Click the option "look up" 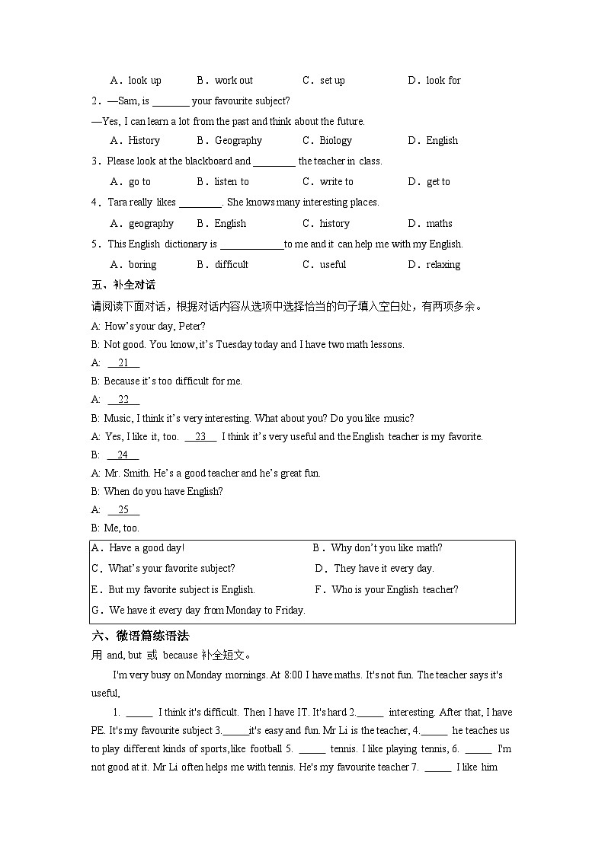[144, 80]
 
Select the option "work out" [233, 80]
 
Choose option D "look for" [443, 80]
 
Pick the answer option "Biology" [335, 140]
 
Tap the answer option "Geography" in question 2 [238, 140]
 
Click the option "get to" [438, 181]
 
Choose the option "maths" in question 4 [439, 223]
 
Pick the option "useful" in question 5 [332, 264]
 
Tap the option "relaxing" [443, 264]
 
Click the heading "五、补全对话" [123, 285]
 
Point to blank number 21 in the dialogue [123, 362]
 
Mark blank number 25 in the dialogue [123, 509]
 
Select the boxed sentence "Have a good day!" [146, 547]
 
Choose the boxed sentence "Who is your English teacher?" [395, 589]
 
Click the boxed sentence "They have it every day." [383, 568]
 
